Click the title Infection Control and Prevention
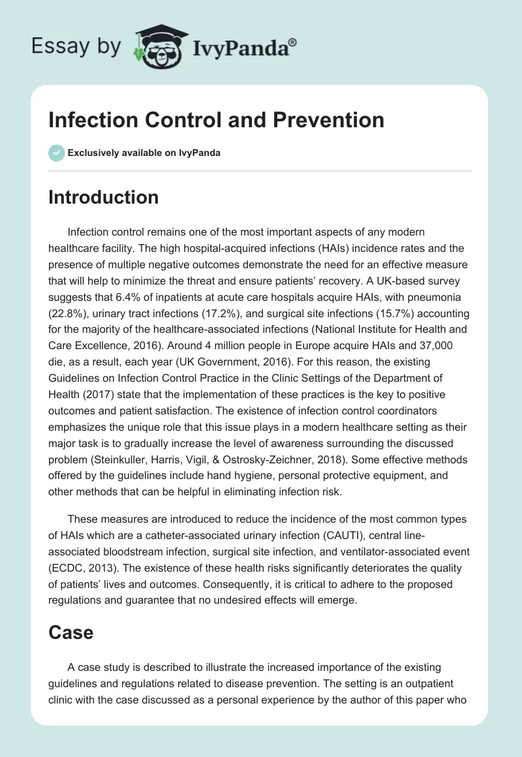(216, 120)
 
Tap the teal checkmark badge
(56, 153)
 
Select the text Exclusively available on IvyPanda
(144, 153)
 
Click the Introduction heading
(103, 197)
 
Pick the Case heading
(70, 632)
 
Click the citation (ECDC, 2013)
(88, 568)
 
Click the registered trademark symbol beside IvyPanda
(294, 41)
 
